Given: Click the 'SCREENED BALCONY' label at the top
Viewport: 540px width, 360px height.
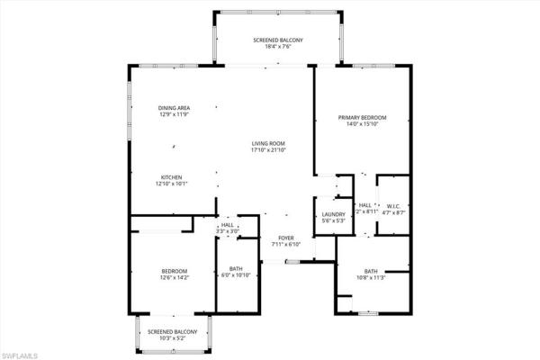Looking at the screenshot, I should click(277, 40).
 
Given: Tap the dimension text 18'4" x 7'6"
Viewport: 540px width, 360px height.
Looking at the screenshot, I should click(277, 48).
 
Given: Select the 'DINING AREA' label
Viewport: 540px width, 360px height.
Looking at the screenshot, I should click(175, 108).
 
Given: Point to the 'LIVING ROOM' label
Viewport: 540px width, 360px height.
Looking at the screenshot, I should click(268, 143).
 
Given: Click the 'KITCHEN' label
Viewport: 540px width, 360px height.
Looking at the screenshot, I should click(172, 176).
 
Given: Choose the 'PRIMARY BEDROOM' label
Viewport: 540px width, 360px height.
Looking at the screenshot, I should click(362, 117).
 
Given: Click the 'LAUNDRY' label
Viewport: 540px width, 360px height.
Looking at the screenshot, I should click(334, 213).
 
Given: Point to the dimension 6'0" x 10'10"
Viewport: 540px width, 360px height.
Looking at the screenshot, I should click(236, 274).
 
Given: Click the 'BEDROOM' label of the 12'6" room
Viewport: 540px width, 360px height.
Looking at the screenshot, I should click(175, 271).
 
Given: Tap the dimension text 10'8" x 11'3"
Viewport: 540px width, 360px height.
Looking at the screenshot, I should click(371, 278).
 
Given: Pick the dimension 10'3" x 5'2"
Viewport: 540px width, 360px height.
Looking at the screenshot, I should click(175, 338).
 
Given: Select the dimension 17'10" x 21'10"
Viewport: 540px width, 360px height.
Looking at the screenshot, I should click(268, 150).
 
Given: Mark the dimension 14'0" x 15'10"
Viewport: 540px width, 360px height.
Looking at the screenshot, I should click(362, 124).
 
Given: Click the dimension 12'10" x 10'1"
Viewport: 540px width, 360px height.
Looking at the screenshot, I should click(172, 184).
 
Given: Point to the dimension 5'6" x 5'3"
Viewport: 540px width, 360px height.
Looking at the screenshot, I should click(334, 220).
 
